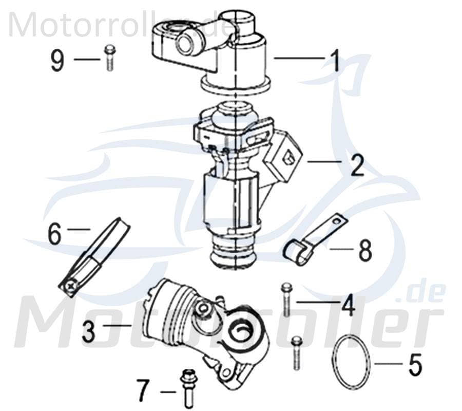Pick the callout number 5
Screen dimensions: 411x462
point(415,365)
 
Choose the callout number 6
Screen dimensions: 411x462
point(54,234)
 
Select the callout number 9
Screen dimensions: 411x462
point(57,61)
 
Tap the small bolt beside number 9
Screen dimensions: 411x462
point(109,58)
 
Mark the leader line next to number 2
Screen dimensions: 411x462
point(324,162)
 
